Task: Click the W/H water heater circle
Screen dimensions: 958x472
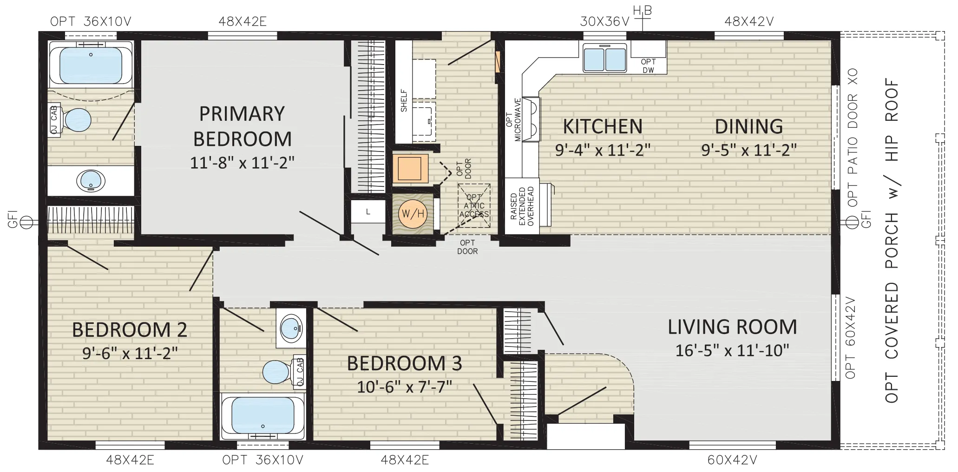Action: (413, 214)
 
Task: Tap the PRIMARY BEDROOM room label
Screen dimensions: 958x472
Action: (242, 126)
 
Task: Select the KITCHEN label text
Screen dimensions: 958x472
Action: (603, 126)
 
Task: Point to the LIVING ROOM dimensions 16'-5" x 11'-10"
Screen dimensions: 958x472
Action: (732, 350)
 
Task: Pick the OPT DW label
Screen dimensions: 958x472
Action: (648, 66)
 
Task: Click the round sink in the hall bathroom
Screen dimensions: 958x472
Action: (291, 328)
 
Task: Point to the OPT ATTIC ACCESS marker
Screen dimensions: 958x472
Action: (474, 206)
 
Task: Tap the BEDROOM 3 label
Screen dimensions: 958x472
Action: (404, 363)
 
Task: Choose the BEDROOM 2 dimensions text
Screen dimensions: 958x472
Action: (130, 353)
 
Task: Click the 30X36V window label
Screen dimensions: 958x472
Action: (604, 21)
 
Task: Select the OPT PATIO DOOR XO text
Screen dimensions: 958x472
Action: (853, 138)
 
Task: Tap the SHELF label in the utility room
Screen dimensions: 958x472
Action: (404, 100)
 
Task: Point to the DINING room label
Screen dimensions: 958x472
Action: (748, 126)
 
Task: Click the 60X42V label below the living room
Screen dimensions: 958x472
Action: (732, 460)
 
